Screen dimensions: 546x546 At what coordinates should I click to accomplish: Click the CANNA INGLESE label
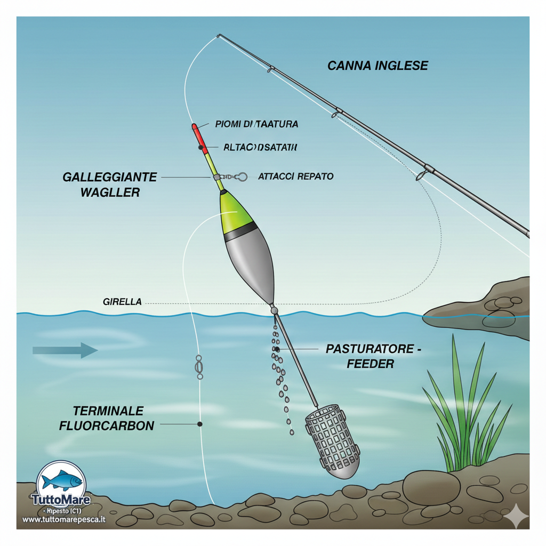[x=378, y=66]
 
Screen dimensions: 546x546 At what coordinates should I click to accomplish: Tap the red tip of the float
[x=195, y=129]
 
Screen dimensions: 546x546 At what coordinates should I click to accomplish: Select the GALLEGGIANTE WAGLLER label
[x=110, y=184]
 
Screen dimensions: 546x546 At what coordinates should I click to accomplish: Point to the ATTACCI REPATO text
[x=295, y=176]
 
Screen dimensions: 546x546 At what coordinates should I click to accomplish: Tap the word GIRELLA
[x=122, y=302]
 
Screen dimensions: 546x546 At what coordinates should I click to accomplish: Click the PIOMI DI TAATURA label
[x=256, y=124]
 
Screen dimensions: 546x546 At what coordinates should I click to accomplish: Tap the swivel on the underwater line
[x=199, y=367]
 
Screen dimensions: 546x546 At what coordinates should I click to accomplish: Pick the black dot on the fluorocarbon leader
[x=199, y=424]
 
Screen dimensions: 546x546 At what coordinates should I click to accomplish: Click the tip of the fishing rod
[x=219, y=36]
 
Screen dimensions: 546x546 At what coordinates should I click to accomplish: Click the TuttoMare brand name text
[x=61, y=501]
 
